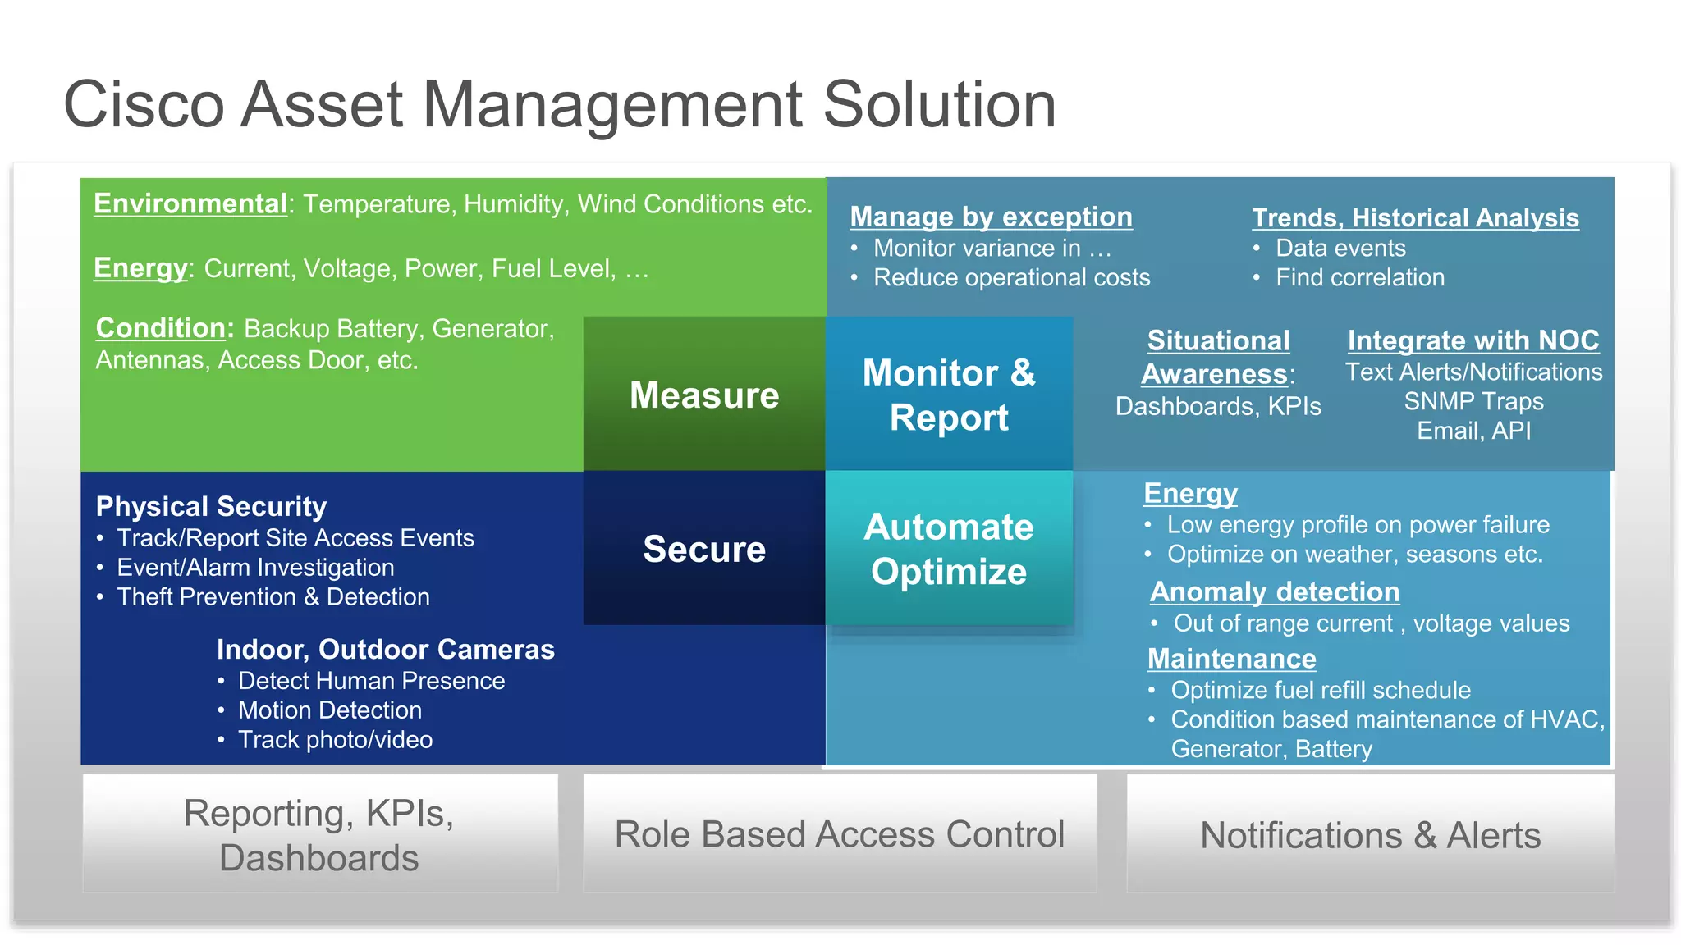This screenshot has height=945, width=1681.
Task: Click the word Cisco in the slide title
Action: (144, 105)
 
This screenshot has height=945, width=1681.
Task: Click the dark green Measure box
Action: (704, 395)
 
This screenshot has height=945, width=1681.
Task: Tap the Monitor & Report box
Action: (949, 395)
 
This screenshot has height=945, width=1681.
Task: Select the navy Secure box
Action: (704, 549)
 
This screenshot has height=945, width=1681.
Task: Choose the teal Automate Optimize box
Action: (949, 549)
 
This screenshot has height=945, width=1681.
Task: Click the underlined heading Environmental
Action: (190, 203)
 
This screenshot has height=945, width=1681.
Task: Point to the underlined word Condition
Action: (161, 328)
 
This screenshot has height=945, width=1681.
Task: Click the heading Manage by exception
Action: (991, 217)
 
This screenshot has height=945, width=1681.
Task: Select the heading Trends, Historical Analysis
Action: (1415, 218)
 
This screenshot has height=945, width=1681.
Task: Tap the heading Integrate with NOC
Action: (1473, 340)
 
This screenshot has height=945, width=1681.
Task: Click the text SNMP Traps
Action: (1473, 401)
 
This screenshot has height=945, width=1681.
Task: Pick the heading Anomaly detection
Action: (1275, 591)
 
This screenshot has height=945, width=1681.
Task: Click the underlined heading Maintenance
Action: (1231, 659)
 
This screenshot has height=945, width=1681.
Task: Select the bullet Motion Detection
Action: (329, 710)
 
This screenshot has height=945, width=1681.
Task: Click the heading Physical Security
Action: (211, 506)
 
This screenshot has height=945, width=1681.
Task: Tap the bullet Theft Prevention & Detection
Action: (273, 597)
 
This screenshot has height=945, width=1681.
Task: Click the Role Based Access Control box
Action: (839, 834)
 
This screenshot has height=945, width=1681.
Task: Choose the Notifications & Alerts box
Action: (1370, 835)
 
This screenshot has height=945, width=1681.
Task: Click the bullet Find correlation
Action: (1359, 278)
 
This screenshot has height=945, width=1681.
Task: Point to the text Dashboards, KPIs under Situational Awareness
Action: (1218, 406)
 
